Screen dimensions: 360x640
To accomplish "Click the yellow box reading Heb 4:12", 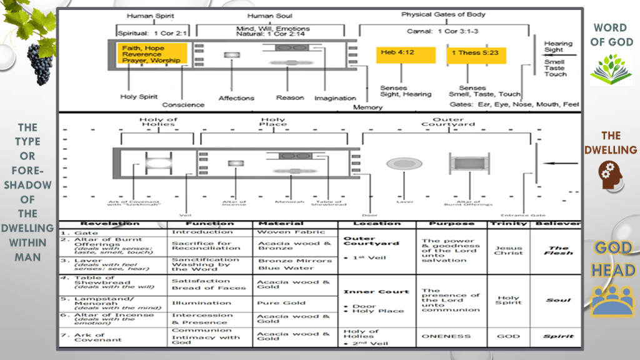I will (x=406, y=54).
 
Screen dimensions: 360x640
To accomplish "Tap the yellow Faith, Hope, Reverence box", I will (x=152, y=54).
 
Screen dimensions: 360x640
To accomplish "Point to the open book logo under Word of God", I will (x=611, y=69).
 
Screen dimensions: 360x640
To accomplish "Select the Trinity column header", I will (x=508, y=224).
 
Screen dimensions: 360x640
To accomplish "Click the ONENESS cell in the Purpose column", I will (x=446, y=336).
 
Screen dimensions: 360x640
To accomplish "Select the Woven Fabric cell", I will (x=283, y=232).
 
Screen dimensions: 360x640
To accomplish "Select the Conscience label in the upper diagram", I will (x=183, y=104).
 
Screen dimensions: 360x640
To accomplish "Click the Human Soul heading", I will (x=269, y=16).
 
